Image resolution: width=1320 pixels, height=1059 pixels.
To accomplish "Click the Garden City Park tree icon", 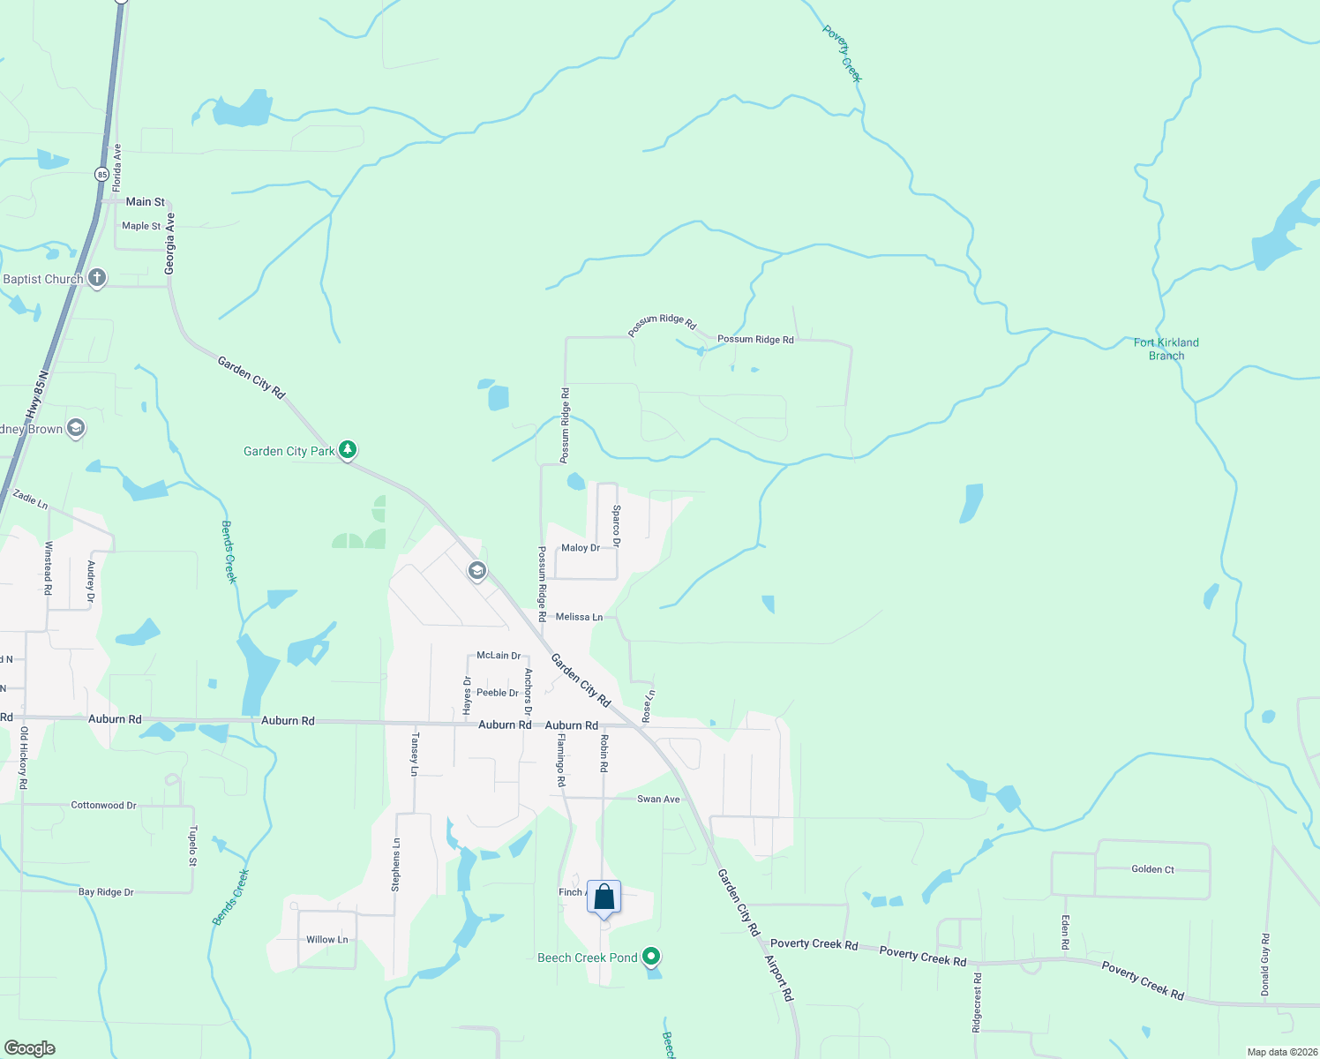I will tap(348, 451).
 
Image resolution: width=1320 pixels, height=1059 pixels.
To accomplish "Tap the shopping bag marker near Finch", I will tap(604, 898).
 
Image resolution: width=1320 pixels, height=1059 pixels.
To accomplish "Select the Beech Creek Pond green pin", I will tap(651, 957).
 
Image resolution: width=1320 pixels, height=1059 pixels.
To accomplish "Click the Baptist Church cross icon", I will tap(97, 279).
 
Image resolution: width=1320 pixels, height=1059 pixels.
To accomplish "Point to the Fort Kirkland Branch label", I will tap(1166, 349).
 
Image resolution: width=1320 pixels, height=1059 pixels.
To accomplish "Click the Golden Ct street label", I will tap(1152, 869).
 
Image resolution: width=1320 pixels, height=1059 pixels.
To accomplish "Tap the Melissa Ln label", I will tap(579, 617).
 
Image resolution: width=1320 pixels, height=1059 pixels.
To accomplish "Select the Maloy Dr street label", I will tap(581, 548).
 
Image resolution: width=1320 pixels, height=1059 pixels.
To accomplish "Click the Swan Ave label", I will tap(658, 799).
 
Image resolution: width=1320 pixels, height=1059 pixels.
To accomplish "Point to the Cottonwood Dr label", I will tap(103, 806).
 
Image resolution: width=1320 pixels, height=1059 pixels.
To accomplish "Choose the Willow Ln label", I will tap(326, 940).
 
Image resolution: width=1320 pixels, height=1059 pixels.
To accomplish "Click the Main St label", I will tap(145, 202).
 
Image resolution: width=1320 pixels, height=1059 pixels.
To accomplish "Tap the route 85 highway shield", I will tap(102, 175).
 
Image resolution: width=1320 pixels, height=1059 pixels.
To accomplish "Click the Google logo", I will tap(30, 1048).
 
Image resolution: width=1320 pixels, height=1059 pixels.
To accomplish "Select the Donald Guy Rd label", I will tap(1264, 965).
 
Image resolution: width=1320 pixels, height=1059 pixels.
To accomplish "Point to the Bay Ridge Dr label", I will tap(106, 892).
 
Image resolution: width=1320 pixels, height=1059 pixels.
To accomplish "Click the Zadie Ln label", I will tap(30, 499).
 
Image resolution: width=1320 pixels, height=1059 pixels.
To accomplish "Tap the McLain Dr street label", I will tap(499, 656).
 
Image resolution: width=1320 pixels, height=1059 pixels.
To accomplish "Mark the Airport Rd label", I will tap(779, 977).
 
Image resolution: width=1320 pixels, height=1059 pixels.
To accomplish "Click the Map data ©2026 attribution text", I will tap(1281, 1052).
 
